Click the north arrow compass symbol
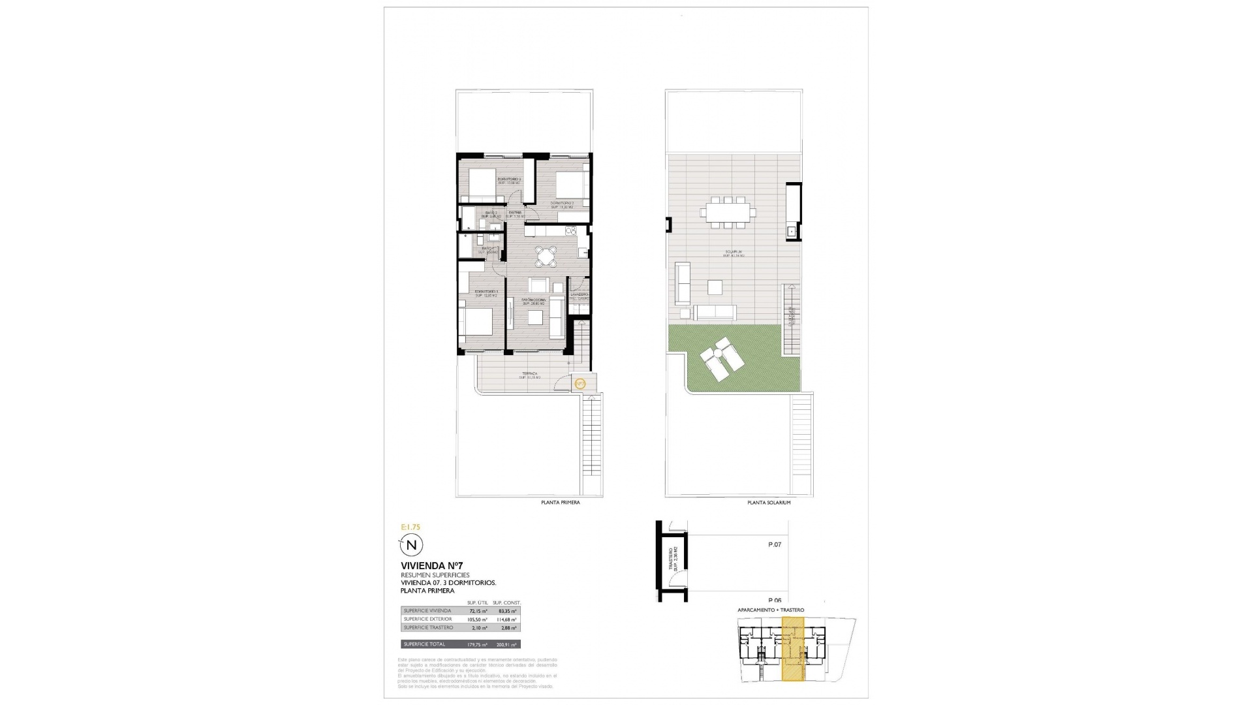pos(411,544)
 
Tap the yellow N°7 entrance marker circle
pos(580,383)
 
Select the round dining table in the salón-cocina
pos(546,256)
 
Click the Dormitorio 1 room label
pos(486,293)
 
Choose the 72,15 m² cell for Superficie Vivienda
pos(478,611)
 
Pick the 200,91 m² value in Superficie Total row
pos(506,644)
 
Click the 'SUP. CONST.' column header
pos(506,603)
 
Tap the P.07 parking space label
pos(774,544)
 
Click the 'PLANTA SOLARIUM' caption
pos(769,503)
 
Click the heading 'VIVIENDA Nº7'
pos(431,565)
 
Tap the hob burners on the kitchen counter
pos(571,230)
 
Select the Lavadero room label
pos(580,296)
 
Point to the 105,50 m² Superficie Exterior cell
pos(478,619)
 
